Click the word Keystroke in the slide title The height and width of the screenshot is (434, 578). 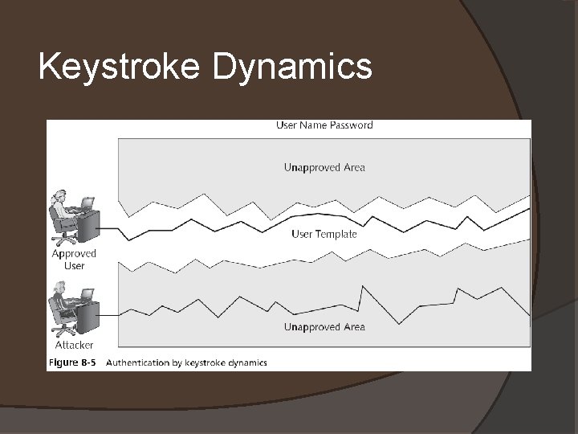[120, 68]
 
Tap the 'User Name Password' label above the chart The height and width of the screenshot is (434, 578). [324, 125]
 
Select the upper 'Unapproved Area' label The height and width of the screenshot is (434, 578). [324, 168]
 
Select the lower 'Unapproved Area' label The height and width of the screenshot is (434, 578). [324, 327]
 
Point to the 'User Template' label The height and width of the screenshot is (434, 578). [324, 235]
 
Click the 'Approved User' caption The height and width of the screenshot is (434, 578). [74, 260]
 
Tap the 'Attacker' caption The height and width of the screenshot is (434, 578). [74, 345]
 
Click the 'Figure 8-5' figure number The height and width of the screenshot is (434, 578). [72, 362]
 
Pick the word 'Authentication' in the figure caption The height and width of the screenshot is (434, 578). [137, 362]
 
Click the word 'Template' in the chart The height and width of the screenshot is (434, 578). [336, 235]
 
